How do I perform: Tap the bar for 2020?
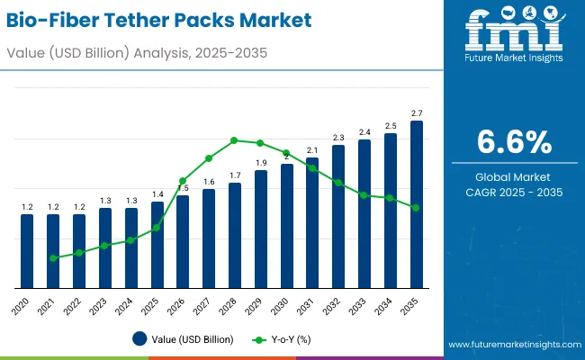(27, 250)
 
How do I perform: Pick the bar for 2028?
(235, 235)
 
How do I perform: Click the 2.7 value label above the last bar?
(417, 113)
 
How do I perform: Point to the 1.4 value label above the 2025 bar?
(157, 194)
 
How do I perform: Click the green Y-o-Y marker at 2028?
(234, 140)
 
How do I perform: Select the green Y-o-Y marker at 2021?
(53, 258)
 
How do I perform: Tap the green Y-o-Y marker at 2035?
(416, 208)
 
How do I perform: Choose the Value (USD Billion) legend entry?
(184, 339)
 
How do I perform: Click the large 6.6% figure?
(514, 142)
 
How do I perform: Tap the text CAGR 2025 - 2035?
(514, 193)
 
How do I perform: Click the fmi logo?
(514, 36)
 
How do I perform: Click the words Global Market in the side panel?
(514, 177)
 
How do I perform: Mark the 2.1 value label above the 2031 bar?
(312, 150)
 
